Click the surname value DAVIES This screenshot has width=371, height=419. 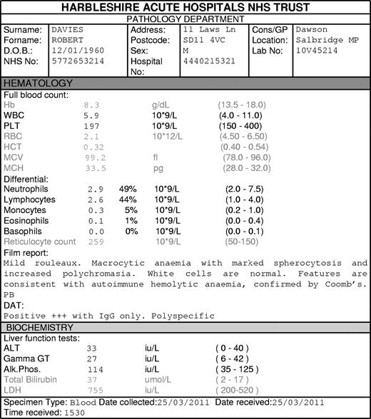coord(68,31)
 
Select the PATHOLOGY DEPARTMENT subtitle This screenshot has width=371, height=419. coord(185,19)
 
